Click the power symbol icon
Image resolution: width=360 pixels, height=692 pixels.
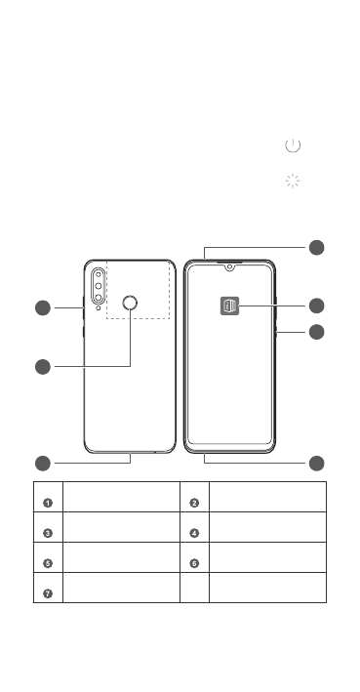(293, 145)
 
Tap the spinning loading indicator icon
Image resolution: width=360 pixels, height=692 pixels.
(293, 181)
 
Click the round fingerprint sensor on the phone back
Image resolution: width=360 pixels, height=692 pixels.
(130, 303)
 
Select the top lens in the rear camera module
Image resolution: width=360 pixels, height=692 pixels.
(99, 274)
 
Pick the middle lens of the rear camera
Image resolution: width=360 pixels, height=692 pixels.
(99, 286)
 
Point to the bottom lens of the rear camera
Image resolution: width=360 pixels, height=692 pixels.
(99, 298)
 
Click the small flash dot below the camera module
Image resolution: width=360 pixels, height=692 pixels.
(98, 307)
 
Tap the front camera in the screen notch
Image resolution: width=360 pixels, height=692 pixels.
(229, 267)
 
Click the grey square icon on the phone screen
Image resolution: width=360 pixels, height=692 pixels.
(229, 305)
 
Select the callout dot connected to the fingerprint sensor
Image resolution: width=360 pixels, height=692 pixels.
(43, 367)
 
